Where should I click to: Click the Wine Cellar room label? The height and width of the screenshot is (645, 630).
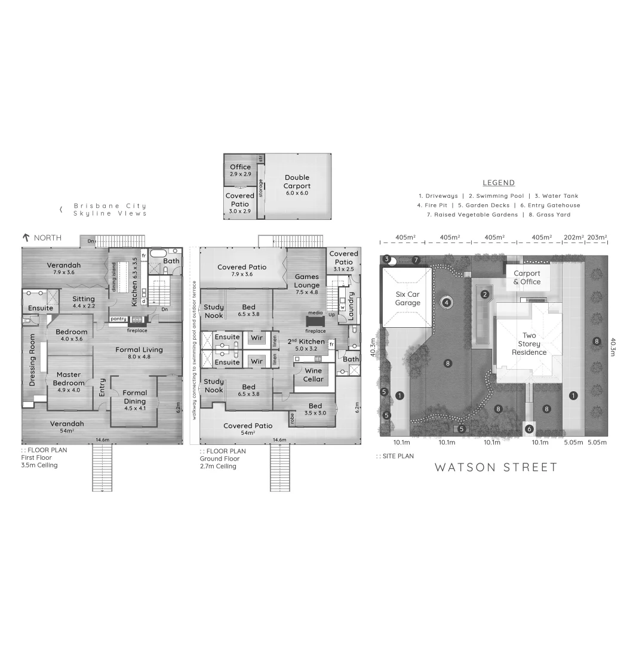[x=313, y=375]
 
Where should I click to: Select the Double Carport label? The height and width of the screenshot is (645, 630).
[x=297, y=182]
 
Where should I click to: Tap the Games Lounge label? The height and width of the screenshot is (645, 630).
[x=307, y=281]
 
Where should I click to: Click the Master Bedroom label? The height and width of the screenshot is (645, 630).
[x=68, y=379]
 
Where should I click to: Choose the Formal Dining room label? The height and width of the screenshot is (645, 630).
[x=135, y=397]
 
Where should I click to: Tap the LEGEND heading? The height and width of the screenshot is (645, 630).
[x=498, y=183]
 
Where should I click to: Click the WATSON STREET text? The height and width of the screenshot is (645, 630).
[x=496, y=467]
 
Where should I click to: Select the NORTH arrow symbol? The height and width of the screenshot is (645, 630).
[x=26, y=238]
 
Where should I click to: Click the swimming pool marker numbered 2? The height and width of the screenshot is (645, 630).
[x=485, y=294]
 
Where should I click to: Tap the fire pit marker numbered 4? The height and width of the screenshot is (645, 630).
[x=445, y=302]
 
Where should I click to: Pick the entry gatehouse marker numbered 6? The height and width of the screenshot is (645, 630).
[x=529, y=428]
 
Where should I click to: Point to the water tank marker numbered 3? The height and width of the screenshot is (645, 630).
[x=387, y=259]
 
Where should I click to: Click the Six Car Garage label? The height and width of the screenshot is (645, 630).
[x=408, y=299]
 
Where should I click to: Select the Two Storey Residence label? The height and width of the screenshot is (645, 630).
[x=529, y=344]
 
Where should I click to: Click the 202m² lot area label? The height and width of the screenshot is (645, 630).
[x=573, y=238]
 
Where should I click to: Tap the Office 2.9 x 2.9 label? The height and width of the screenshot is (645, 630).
[x=241, y=170]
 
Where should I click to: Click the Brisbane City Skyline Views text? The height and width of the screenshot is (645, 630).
[x=109, y=210]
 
